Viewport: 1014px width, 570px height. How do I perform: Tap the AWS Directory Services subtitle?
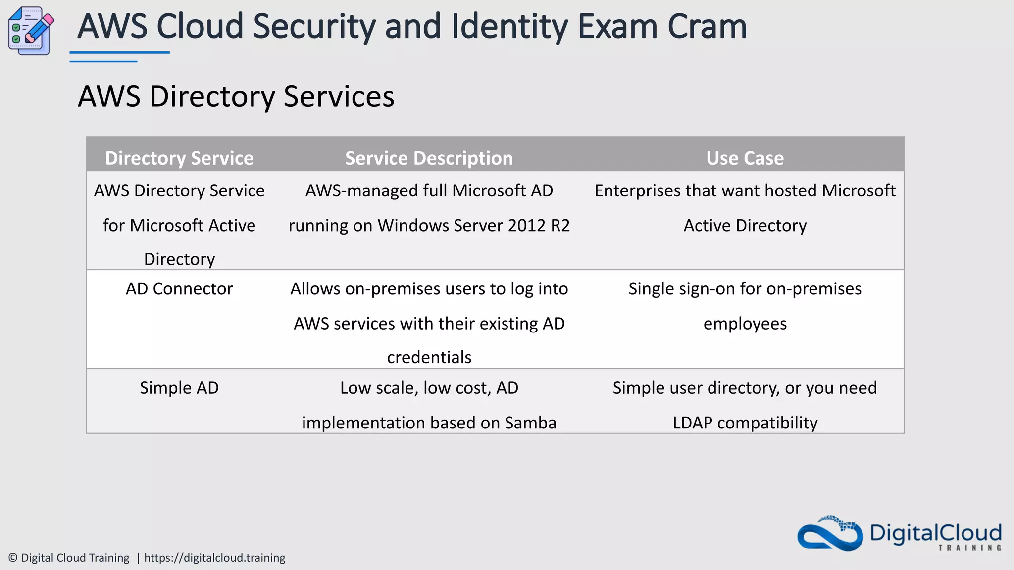tap(236, 96)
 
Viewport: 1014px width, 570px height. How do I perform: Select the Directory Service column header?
tap(179, 158)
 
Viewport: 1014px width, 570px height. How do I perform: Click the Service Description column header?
tap(429, 158)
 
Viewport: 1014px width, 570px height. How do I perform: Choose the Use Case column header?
tap(745, 158)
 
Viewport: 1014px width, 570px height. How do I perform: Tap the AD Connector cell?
tap(179, 289)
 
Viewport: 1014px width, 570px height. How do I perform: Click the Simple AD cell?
tap(179, 388)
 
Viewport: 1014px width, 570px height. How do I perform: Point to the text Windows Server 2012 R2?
tap(473, 226)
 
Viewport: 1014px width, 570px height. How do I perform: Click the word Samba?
tap(530, 423)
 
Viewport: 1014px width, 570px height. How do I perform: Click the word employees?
tap(745, 324)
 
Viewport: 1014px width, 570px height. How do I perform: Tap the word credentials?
tap(429, 358)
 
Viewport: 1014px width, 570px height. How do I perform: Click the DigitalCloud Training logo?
tap(899, 534)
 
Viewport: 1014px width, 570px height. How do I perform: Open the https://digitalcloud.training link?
tap(214, 558)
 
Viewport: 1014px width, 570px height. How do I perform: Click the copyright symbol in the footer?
tap(13, 558)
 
